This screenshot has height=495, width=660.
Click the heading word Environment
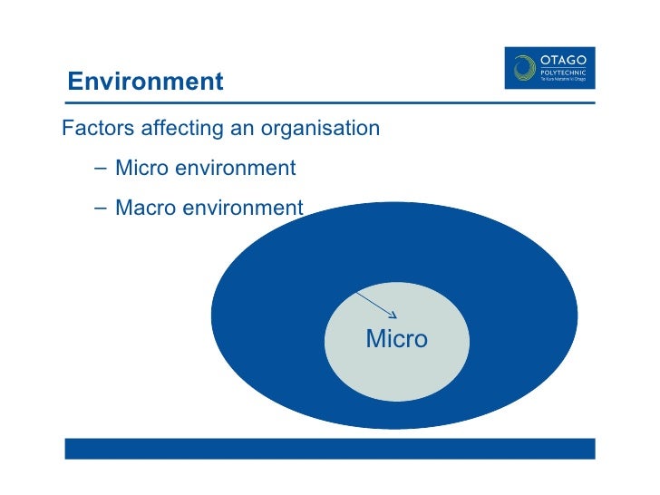(x=145, y=82)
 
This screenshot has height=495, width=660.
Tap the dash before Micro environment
(x=98, y=169)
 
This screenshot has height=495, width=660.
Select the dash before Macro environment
(x=98, y=209)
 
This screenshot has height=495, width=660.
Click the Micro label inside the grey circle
(x=396, y=339)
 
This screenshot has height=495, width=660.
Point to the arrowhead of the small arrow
(x=394, y=315)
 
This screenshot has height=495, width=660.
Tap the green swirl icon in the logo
(x=524, y=69)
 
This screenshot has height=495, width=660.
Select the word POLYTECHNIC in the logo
(x=563, y=71)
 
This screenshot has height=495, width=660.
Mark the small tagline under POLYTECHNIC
(x=563, y=80)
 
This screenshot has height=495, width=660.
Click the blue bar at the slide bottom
(x=329, y=449)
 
